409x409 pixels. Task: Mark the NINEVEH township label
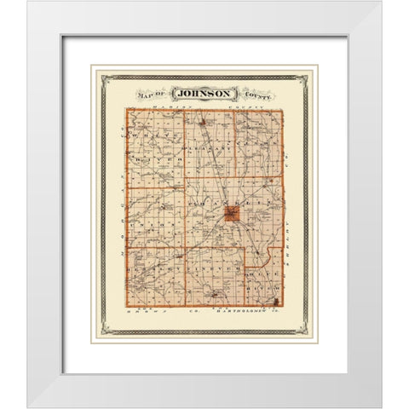tap(213, 270)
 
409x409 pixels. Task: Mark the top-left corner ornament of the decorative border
tap(104, 78)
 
